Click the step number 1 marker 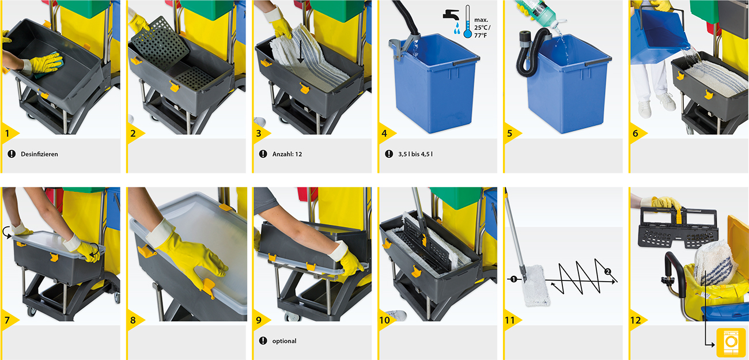pos(7,134)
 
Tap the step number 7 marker pos(7,320)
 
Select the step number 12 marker pos(635,320)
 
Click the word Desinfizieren pos(39,154)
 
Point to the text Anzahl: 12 pos(287,154)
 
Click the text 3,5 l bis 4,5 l pos(415,154)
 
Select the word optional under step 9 pos(284,341)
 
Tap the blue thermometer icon pos(467,21)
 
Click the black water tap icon pos(451,15)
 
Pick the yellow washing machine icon pos(731,342)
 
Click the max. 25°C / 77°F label pos(482,28)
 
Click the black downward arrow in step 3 pos(300,50)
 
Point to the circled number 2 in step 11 pos(608,271)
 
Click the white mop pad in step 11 pos(536,285)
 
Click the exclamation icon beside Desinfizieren pos(12,154)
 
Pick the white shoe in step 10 pos(397,315)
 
